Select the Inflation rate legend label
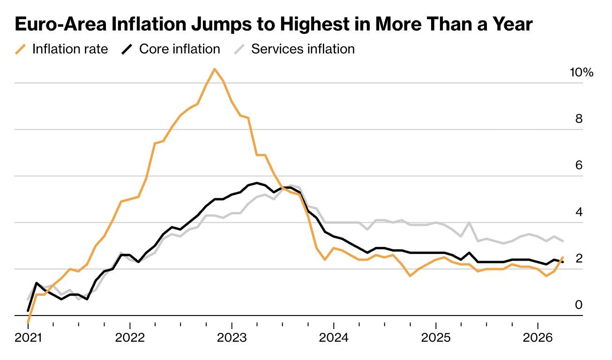(70, 49)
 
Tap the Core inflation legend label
(179, 49)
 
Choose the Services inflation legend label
(303, 49)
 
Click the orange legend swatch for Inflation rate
(21, 49)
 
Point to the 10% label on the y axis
(581, 73)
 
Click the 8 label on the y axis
(579, 119)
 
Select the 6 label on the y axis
(579, 165)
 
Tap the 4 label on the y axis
(579, 212)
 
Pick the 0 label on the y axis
(579, 305)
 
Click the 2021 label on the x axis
(28, 338)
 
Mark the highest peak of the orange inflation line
(215, 69)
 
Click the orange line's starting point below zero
(28, 322)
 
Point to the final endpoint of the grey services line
(563, 241)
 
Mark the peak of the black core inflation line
(257, 183)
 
